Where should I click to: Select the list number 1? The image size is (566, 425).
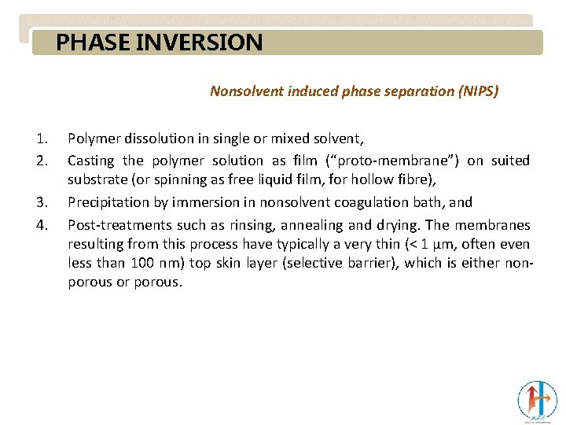pos(40,139)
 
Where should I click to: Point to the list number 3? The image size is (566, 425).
pos(40,203)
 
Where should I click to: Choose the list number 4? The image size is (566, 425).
pos(40,225)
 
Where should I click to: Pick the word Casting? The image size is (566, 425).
pos(90,161)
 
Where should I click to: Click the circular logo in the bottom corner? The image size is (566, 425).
pos(537,400)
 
